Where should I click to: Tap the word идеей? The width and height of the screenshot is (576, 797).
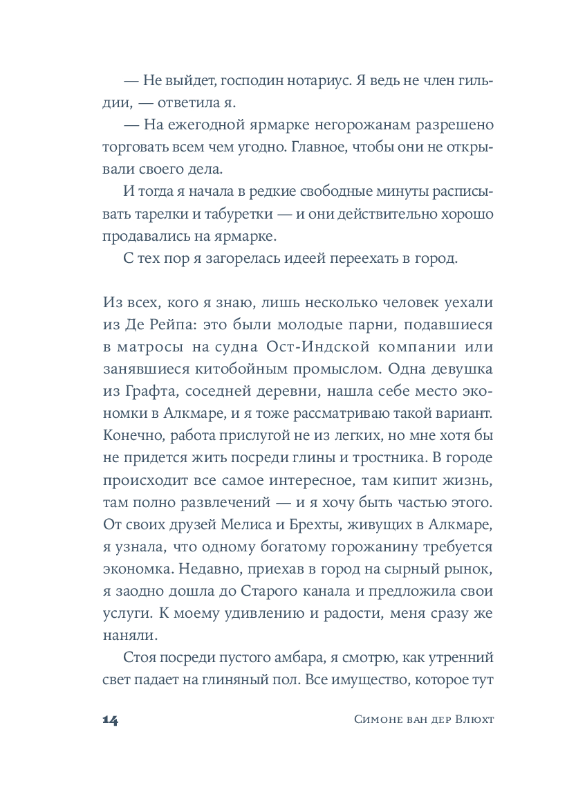click(x=310, y=259)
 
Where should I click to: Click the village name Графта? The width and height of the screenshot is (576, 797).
click(x=149, y=392)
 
